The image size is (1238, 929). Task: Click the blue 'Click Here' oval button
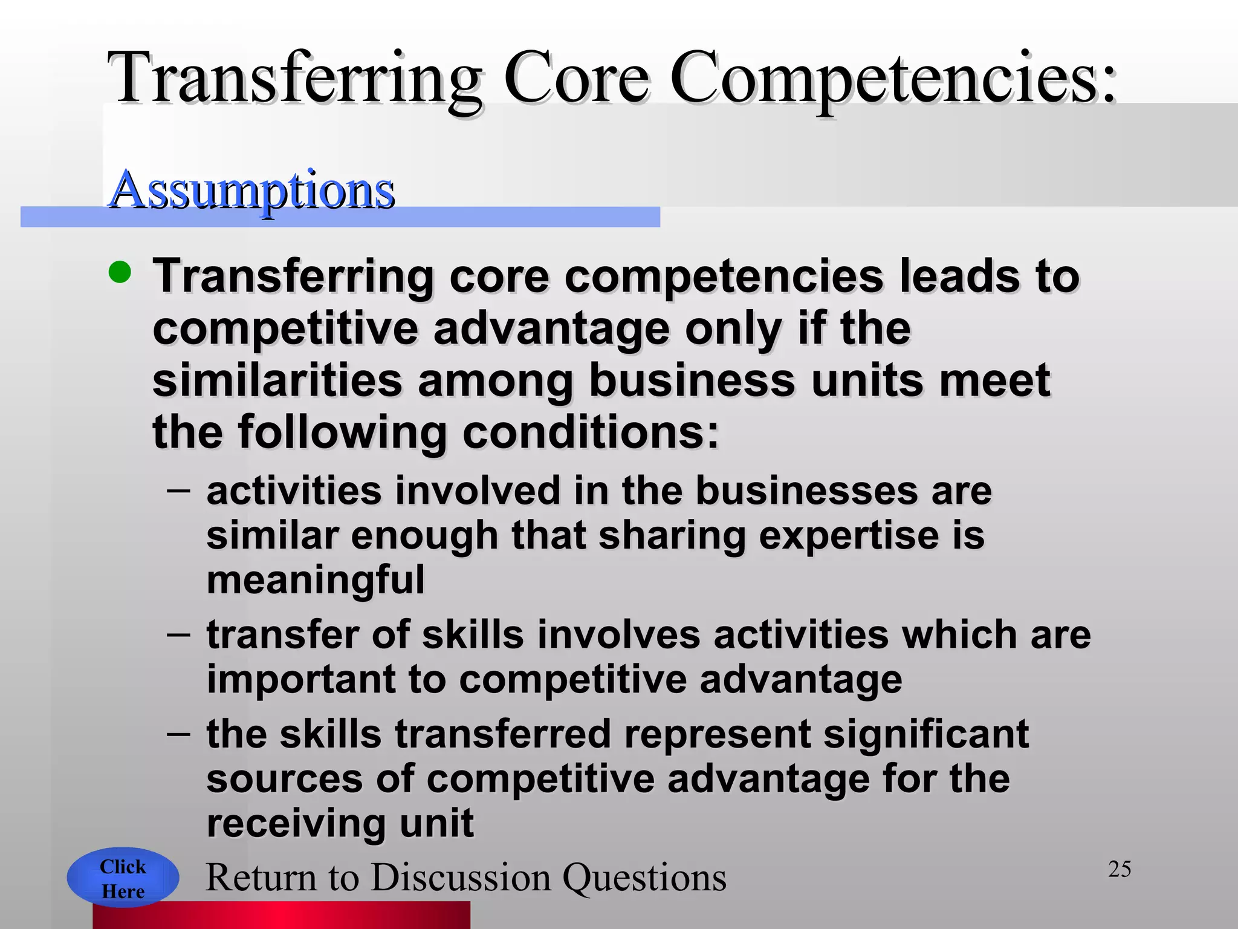click(123, 878)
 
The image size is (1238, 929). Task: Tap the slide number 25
click(1120, 869)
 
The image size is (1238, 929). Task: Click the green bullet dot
click(120, 272)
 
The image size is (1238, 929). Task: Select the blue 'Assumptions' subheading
click(252, 190)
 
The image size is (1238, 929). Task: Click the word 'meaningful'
click(316, 579)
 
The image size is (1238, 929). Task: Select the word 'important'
click(300, 679)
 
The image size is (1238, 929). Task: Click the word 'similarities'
click(277, 380)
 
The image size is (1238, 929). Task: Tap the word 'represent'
click(717, 734)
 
